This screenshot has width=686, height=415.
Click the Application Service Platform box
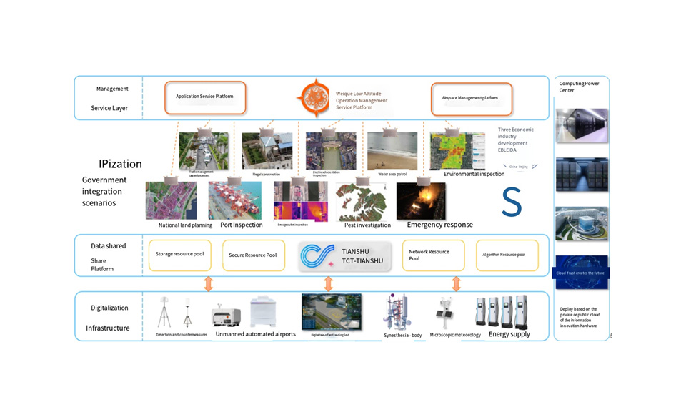[x=205, y=97]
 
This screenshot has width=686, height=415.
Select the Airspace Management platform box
[x=471, y=98]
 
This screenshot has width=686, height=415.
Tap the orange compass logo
[x=314, y=99]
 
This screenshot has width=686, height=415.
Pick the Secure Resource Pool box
[x=253, y=255]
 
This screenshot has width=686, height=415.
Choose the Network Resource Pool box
[x=433, y=255]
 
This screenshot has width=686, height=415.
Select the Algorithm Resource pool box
[x=507, y=255]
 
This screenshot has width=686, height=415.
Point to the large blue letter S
[x=512, y=202]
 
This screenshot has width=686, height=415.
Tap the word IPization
[x=120, y=164]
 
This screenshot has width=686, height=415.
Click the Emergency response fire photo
[x=421, y=200]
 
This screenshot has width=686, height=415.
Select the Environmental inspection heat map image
[x=457, y=151]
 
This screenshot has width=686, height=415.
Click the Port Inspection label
[x=242, y=225]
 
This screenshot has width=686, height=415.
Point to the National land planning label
[x=185, y=225]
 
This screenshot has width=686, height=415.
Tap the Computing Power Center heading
[x=579, y=87]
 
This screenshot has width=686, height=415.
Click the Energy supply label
[x=509, y=334]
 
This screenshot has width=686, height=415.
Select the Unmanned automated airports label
[x=255, y=334]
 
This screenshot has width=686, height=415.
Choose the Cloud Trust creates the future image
[x=581, y=273]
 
